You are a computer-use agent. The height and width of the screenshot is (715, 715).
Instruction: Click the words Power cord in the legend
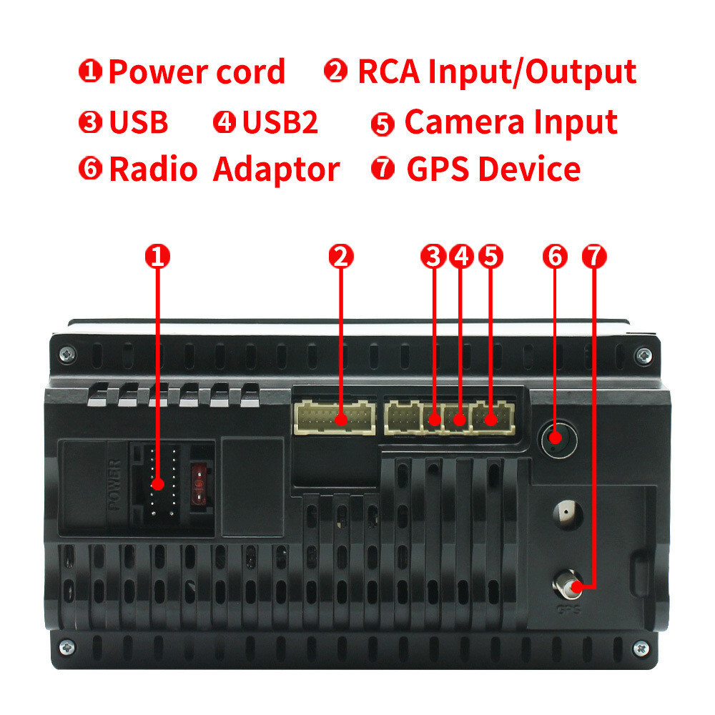(197, 72)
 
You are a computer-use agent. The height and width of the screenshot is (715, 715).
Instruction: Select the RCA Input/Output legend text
(497, 72)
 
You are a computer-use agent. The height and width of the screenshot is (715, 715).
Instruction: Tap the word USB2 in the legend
(280, 122)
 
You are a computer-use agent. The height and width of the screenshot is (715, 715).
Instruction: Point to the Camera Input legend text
(511, 122)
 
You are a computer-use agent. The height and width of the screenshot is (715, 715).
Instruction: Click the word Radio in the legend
(153, 169)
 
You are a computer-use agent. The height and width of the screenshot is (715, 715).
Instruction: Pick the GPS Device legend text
(493, 169)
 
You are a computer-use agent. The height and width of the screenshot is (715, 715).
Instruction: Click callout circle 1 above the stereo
(157, 256)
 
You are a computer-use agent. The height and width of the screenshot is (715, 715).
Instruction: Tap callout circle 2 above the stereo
(341, 256)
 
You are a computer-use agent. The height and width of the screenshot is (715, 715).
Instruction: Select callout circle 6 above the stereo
(555, 256)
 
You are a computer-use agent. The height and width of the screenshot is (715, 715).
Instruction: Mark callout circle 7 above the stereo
(594, 256)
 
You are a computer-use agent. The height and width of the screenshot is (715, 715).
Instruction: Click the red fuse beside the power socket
(199, 484)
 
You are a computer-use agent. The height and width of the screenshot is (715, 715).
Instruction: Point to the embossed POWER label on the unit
(115, 485)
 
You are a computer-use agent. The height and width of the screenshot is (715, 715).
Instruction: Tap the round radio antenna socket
(558, 440)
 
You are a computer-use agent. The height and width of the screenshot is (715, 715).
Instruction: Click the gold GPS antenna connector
(567, 584)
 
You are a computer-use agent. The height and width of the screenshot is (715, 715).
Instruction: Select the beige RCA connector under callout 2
(334, 418)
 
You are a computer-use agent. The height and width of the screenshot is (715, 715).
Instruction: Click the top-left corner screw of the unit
(67, 354)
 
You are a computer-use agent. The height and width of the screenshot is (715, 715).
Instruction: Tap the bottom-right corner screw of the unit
(641, 648)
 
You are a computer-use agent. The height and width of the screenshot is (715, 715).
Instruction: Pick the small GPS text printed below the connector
(568, 608)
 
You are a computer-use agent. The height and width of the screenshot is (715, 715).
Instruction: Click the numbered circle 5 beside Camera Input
(383, 124)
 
